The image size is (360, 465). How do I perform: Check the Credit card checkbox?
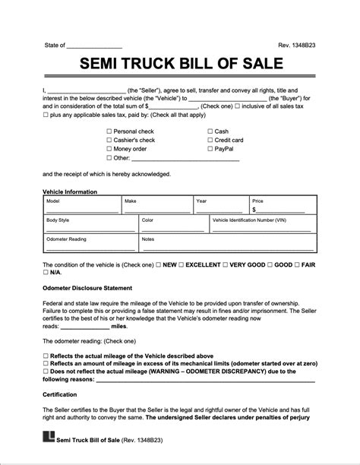(210, 141)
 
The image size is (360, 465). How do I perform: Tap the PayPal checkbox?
(210, 150)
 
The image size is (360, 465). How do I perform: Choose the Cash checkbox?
(210, 131)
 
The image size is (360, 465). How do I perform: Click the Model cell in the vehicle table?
(81, 205)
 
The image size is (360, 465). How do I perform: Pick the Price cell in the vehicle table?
(281, 205)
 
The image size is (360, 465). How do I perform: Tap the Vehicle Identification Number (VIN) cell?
(262, 224)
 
